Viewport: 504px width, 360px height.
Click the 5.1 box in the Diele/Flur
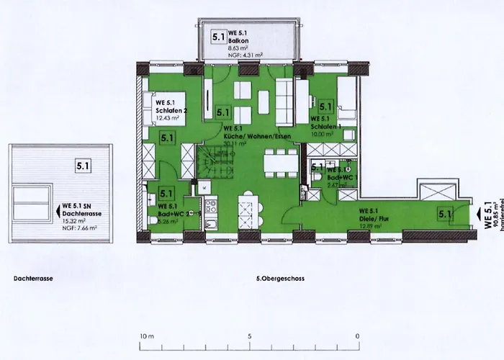pyautogui.click(x=444, y=213)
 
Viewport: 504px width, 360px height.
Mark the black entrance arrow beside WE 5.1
pyautogui.click(x=477, y=213)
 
